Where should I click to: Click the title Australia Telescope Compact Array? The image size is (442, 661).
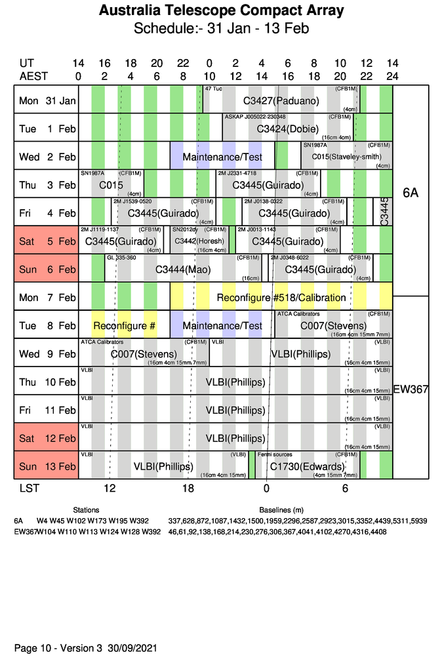221,11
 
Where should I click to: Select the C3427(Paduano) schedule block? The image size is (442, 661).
281,100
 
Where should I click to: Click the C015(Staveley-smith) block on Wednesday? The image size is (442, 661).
346,157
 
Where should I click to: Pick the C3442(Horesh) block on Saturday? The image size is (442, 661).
199,241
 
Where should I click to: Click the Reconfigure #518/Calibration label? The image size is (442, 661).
281,298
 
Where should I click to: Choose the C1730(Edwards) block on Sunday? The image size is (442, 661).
307,467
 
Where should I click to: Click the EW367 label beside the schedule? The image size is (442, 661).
411,390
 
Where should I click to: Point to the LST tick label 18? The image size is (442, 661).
188,489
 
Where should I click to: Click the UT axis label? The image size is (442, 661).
26,63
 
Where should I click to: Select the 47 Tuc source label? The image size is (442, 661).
213,88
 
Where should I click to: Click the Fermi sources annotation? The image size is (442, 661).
275,454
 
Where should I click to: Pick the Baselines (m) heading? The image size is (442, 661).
281,510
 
